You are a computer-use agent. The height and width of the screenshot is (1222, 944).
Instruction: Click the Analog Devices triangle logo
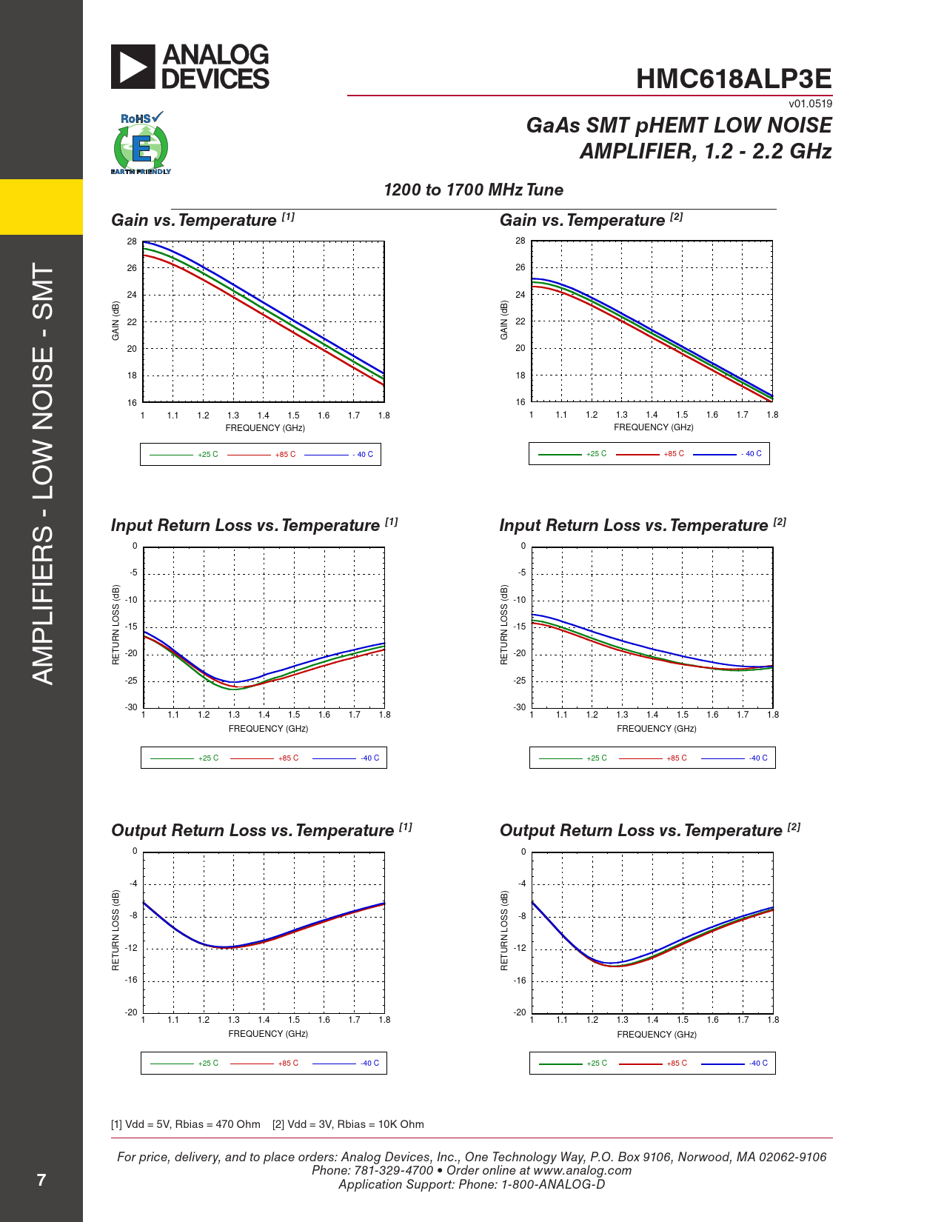(133, 67)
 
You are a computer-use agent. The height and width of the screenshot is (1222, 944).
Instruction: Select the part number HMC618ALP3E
(733, 79)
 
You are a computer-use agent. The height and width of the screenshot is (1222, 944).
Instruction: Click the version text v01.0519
(810, 104)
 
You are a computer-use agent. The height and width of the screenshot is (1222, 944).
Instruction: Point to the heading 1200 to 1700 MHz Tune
(473, 190)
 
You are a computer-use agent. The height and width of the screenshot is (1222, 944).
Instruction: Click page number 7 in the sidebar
(41, 1180)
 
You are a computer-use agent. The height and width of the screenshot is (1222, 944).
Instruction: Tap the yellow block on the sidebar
(41, 207)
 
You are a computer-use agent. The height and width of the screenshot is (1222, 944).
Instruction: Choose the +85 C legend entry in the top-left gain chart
(285, 455)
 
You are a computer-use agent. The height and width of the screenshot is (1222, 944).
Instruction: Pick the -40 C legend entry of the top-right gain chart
(752, 454)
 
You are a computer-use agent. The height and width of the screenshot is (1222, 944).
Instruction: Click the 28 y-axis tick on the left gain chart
(132, 241)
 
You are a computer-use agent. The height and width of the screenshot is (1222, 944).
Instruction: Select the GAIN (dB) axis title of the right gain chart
(504, 320)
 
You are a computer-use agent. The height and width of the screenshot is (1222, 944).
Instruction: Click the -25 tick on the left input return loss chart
(131, 681)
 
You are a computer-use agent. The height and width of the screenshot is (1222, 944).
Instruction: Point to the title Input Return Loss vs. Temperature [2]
(642, 525)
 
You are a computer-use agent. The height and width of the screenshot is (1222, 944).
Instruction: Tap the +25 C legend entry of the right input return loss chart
(596, 758)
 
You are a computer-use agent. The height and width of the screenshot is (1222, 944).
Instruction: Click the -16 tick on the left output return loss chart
(131, 980)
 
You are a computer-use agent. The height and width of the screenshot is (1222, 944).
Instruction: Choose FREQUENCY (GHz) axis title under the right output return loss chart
(657, 1035)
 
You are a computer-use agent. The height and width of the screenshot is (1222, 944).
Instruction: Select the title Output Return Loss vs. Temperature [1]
(261, 830)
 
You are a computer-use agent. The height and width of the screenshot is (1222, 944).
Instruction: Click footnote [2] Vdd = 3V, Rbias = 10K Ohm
(348, 1124)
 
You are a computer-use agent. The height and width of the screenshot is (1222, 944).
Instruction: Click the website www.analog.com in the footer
(582, 1171)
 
